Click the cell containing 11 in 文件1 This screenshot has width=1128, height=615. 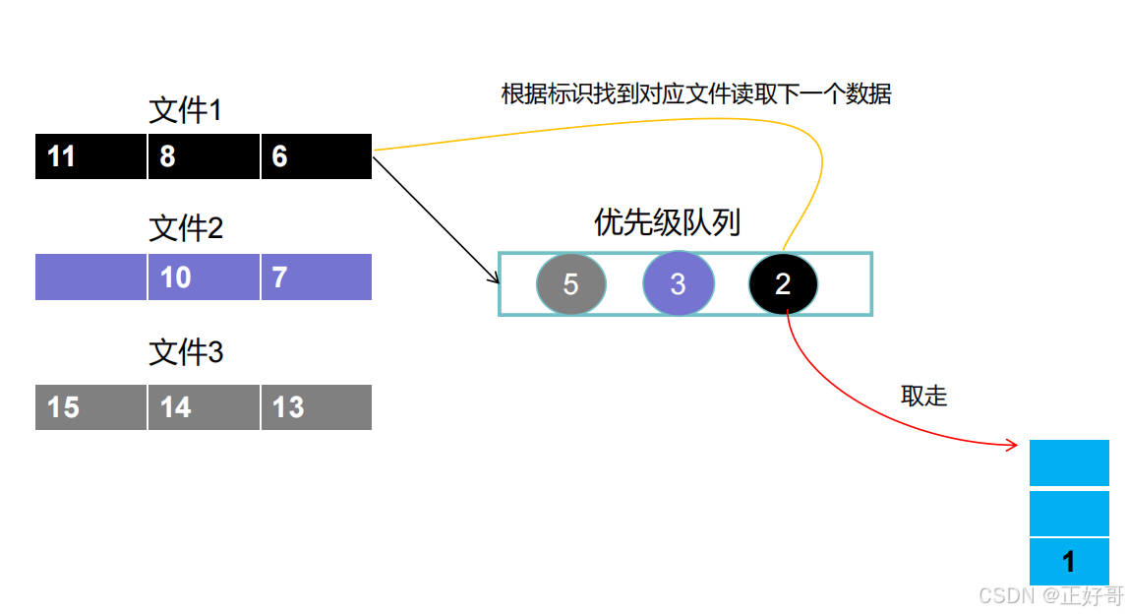pyautogui.click(x=90, y=156)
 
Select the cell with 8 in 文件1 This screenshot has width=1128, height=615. pyautogui.click(x=204, y=156)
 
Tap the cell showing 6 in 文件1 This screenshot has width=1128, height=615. pyautogui.click(x=316, y=156)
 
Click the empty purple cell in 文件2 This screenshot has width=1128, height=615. pyautogui.click(x=90, y=277)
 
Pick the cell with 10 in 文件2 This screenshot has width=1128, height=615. pyautogui.click(x=204, y=277)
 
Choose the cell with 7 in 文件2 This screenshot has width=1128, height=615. pyautogui.click(x=316, y=277)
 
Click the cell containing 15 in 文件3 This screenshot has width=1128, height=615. pyautogui.click(x=90, y=406)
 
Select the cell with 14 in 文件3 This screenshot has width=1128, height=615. pyautogui.click(x=204, y=406)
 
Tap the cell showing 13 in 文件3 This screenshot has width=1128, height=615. pyautogui.click(x=316, y=406)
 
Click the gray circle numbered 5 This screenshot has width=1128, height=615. pyautogui.click(x=570, y=284)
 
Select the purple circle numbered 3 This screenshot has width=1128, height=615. pyautogui.click(x=678, y=284)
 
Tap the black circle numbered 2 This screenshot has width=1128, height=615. pyautogui.click(x=783, y=284)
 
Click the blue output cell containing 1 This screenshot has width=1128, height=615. pyautogui.click(x=1069, y=562)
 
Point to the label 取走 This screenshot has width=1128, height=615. pyautogui.click(x=923, y=396)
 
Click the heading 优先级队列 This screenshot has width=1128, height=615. pyautogui.click(x=667, y=222)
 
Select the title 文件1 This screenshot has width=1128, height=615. pyautogui.click(x=186, y=110)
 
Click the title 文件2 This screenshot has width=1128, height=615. pyautogui.click(x=186, y=229)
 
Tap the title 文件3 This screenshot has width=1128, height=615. pyautogui.click(x=186, y=352)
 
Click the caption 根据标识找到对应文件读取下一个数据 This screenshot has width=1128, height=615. pyautogui.click(x=696, y=94)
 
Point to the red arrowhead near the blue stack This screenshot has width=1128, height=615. pyautogui.click(x=1013, y=447)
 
